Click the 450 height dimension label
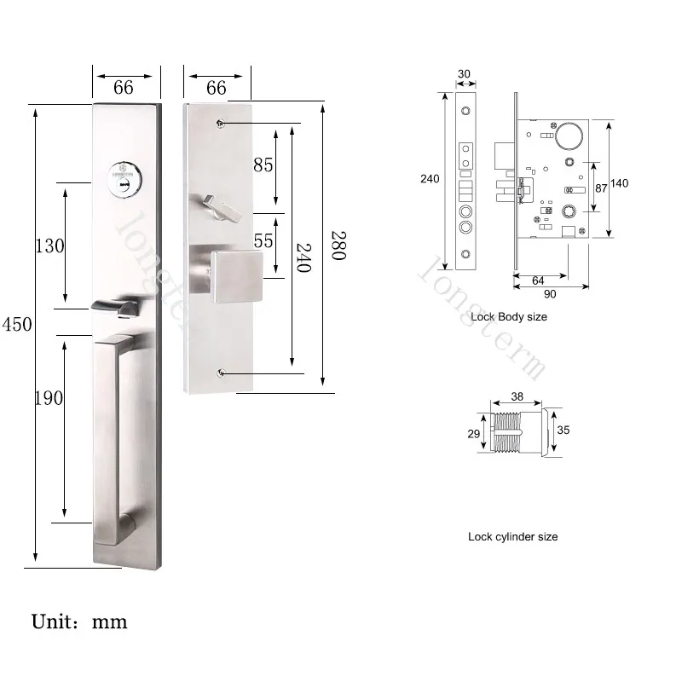pyautogui.click(x=17, y=325)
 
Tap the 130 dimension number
pyautogui.click(x=50, y=246)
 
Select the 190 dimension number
pyautogui.click(x=49, y=398)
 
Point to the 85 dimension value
pyautogui.click(x=263, y=165)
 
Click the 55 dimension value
pyautogui.click(x=263, y=241)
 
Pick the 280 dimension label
pyautogui.click(x=338, y=246)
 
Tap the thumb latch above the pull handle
pyautogui.click(x=114, y=308)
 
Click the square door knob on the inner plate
pyautogui.click(x=237, y=276)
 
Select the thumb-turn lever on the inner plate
pyautogui.click(x=223, y=209)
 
